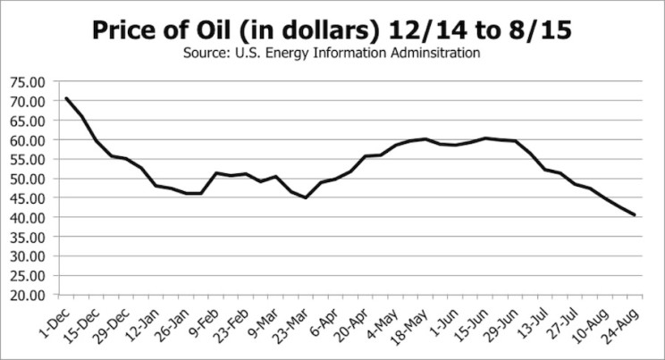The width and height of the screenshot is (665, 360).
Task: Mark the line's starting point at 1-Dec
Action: click(65, 98)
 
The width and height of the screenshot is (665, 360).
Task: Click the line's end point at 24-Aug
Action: click(635, 214)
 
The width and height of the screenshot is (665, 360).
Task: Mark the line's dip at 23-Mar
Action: click(306, 197)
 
